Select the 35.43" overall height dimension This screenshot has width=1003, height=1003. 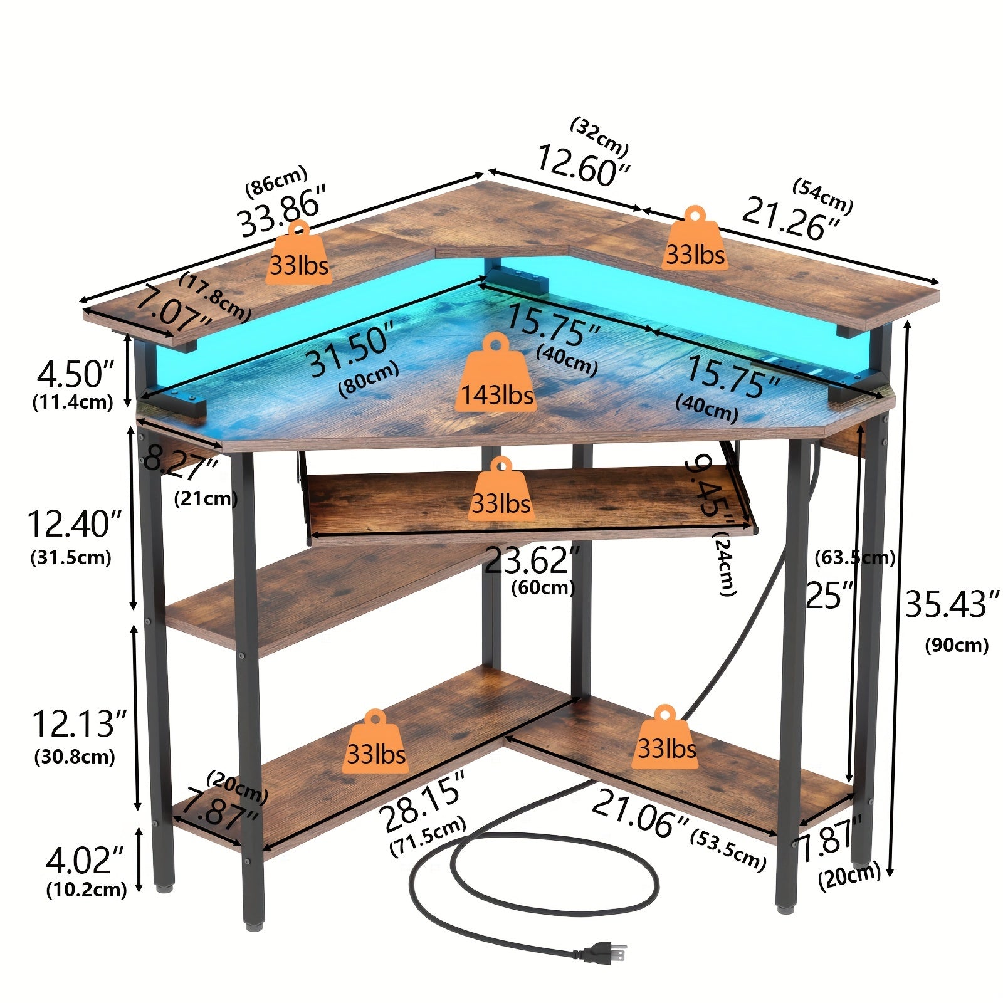[951, 604]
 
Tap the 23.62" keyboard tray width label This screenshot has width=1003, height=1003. [532, 560]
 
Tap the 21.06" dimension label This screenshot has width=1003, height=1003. [640, 812]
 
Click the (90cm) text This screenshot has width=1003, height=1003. [956, 645]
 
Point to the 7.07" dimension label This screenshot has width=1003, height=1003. [174, 308]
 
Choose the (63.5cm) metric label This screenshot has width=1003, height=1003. [854, 557]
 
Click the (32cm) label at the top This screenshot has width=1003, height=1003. [599, 137]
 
